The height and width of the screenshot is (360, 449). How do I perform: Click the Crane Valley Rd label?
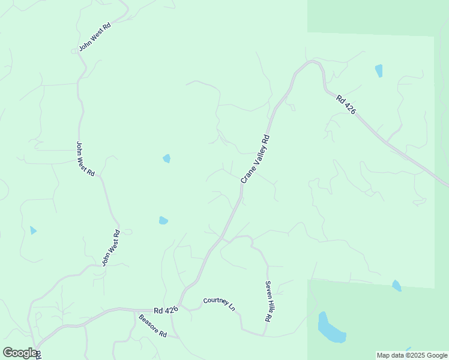(x=255, y=159)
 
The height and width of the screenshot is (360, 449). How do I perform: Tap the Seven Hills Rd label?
(x=268, y=301)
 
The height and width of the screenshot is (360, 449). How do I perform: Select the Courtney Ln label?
(x=219, y=304)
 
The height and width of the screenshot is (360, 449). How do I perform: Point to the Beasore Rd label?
(x=152, y=326)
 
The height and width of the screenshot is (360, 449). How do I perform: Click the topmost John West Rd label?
(x=95, y=37)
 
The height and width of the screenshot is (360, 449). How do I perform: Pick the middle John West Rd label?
(x=85, y=158)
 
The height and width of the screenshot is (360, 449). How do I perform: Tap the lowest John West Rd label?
(x=111, y=248)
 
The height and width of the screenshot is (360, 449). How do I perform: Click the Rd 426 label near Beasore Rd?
(x=166, y=310)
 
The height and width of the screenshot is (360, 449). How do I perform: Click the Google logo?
(x=20, y=353)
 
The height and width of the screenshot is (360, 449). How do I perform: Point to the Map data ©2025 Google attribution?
(x=412, y=355)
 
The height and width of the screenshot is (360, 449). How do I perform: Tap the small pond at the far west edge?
(x=33, y=230)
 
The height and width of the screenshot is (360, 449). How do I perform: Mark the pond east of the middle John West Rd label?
(x=167, y=158)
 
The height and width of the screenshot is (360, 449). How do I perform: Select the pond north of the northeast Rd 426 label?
(x=379, y=71)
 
